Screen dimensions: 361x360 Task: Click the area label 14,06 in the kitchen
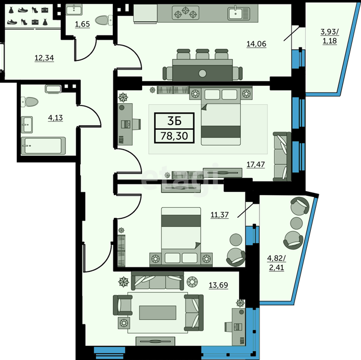(256, 44)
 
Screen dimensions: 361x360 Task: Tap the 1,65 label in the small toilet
(82, 24)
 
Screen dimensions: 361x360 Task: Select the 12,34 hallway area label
(44, 58)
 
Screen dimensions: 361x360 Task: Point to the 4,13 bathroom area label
(55, 118)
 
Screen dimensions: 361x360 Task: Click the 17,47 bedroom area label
(256, 164)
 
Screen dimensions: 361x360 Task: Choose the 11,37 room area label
(219, 214)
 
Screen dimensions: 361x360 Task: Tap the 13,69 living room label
(218, 285)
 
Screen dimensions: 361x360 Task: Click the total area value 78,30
(174, 136)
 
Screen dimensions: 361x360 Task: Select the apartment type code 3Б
(174, 121)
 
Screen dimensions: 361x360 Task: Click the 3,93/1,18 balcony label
(329, 36)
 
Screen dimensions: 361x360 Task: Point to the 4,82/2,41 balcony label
(276, 263)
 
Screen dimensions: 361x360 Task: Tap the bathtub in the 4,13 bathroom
(43, 146)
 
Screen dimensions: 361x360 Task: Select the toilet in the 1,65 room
(103, 20)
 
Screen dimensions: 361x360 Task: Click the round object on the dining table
(202, 73)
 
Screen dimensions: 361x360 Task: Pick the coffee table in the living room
(158, 313)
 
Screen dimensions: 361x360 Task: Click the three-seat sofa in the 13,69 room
(157, 280)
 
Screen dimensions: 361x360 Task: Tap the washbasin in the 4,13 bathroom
(27, 125)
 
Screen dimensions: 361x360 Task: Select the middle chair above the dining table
(202, 54)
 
